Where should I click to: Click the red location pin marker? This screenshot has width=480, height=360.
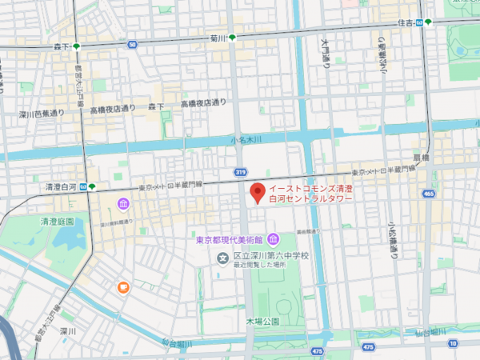[x=257, y=193]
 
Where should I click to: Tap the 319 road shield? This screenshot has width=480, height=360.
[x=241, y=171]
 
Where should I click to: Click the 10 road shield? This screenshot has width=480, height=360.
[x=452, y=343]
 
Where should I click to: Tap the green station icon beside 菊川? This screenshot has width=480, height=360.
[x=232, y=38]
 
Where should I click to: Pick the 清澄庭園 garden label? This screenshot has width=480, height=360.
[x=58, y=221]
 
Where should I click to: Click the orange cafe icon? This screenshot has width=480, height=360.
[x=122, y=287]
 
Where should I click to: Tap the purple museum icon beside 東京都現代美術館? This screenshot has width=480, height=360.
[x=273, y=239]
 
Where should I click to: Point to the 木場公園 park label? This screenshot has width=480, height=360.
[x=262, y=321]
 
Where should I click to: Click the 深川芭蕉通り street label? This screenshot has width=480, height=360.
[x=42, y=114]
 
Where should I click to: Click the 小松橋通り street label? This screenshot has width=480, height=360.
[x=393, y=240]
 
